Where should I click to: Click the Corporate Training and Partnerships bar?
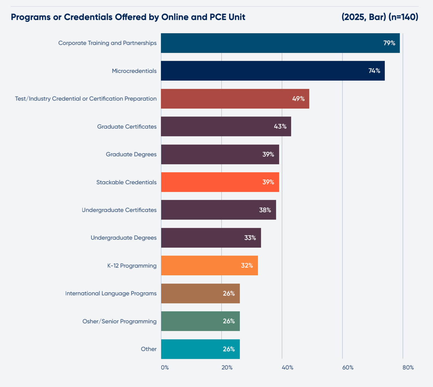280,43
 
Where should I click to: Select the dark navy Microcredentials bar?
273,71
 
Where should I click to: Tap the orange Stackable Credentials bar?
220,182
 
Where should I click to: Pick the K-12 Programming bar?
209,265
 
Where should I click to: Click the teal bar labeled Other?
200,349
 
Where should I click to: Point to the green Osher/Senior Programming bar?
200,321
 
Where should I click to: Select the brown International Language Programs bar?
200,293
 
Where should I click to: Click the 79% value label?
389,43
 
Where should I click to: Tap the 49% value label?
298,99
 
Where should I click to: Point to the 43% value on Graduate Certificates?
280,127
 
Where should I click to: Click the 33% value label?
250,238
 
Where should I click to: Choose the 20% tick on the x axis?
227,368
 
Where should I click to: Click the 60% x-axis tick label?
348,368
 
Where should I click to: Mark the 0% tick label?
165,368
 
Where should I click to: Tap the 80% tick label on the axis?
408,368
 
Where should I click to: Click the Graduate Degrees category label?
131,154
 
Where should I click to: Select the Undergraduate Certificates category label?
119,210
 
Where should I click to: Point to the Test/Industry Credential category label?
86,99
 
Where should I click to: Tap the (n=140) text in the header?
403,17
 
